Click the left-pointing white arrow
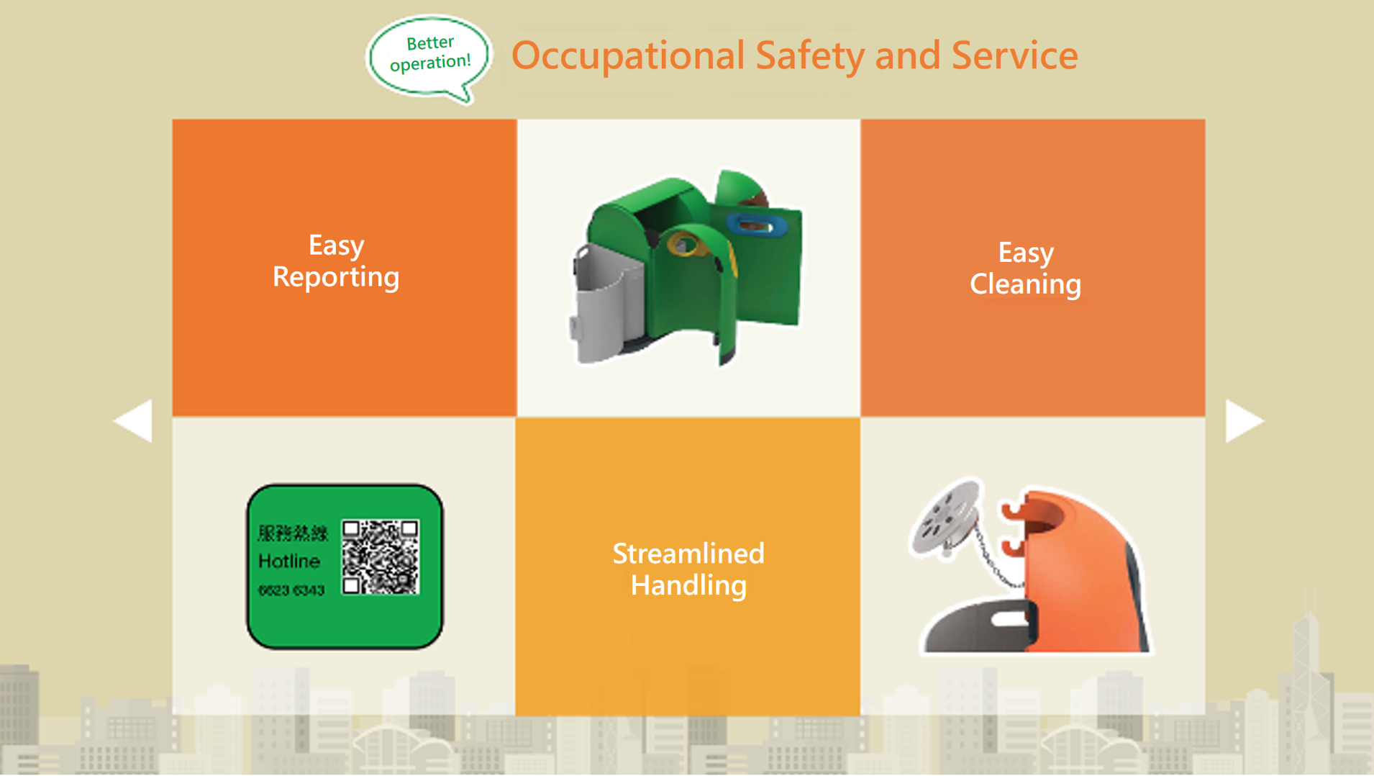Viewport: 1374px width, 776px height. pyautogui.click(x=135, y=420)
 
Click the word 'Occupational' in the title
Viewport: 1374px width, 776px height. pyautogui.click(x=628, y=56)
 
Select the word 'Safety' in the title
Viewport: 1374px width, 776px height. pyautogui.click(x=809, y=56)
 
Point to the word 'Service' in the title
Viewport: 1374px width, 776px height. pyautogui.click(x=1014, y=56)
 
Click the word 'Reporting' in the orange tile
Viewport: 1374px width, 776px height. pyautogui.click(x=336, y=277)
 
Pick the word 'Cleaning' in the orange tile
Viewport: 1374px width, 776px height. pyautogui.click(x=1025, y=284)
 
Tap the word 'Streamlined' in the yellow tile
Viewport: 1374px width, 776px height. pyautogui.click(x=688, y=554)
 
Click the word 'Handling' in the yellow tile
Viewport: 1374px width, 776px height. pyautogui.click(x=688, y=585)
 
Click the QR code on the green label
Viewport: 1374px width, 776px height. pyautogui.click(x=381, y=557)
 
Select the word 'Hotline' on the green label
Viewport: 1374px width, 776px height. pyautogui.click(x=288, y=561)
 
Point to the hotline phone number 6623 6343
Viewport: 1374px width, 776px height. pyautogui.click(x=291, y=590)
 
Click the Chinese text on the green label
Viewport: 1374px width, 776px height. pyautogui.click(x=293, y=533)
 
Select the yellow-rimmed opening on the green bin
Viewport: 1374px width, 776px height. pyautogui.click(x=685, y=245)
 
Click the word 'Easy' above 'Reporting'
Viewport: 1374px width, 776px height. pyautogui.click(x=336, y=245)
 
